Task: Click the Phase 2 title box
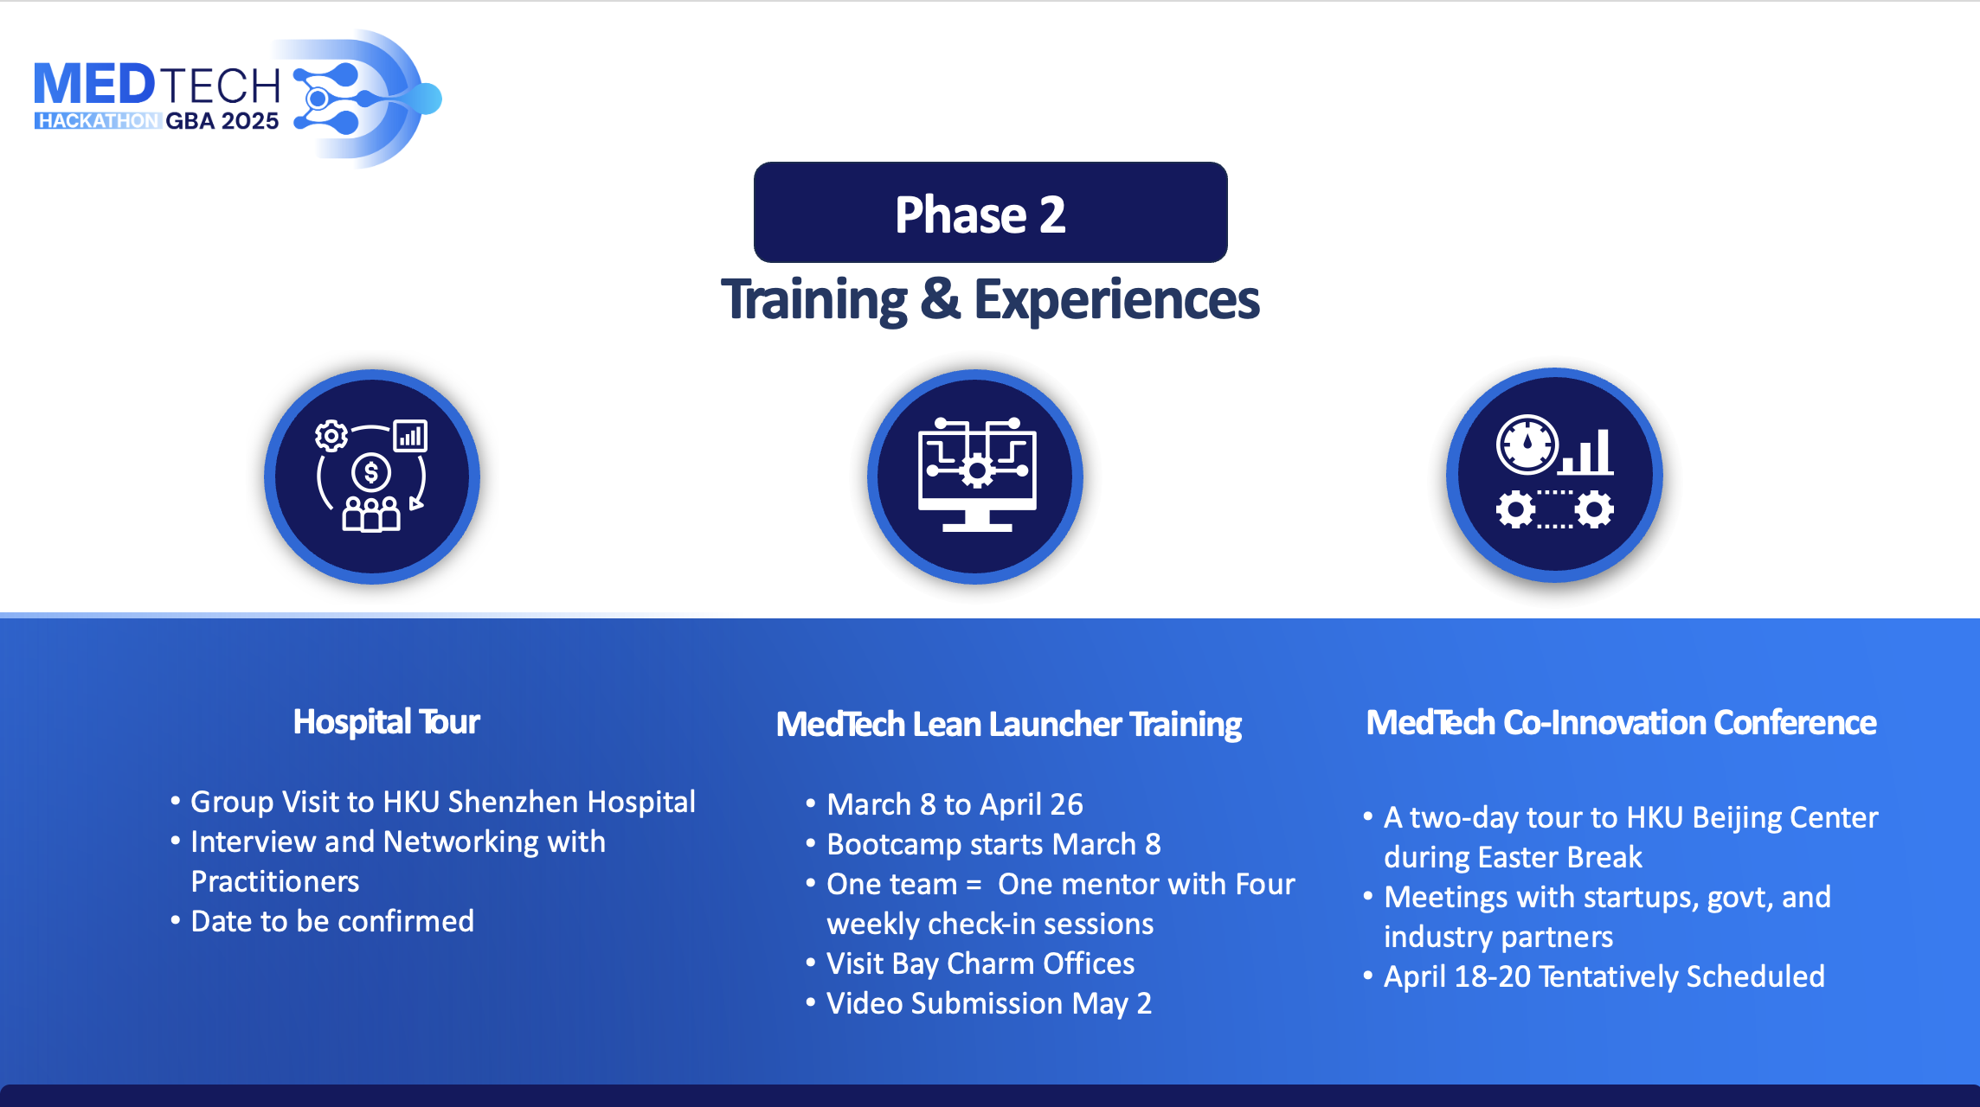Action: point(990,212)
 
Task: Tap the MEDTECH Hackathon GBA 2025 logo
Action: point(238,98)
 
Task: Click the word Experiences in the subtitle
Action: point(1116,300)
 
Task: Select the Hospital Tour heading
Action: point(386,722)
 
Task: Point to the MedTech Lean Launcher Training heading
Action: point(1008,725)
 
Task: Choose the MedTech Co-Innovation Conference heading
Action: point(1621,722)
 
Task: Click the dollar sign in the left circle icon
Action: point(371,472)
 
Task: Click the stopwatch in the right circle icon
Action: point(1527,445)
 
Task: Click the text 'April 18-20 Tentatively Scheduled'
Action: point(1604,976)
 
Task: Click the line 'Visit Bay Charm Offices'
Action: point(980,963)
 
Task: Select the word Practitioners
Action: point(275,881)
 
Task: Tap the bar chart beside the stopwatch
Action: point(1588,451)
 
